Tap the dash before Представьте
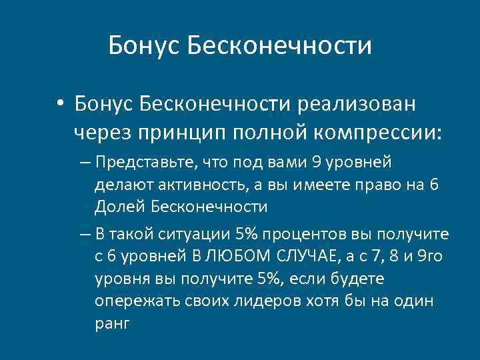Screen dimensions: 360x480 tap(84, 162)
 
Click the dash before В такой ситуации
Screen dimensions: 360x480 tap(84, 235)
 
